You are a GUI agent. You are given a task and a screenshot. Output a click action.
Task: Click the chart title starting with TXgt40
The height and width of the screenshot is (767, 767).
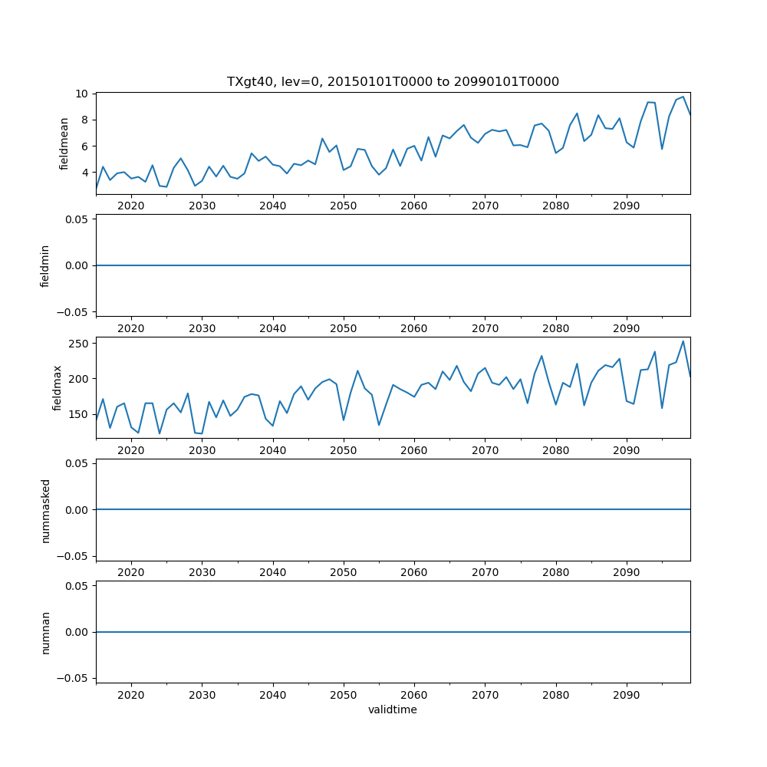393,81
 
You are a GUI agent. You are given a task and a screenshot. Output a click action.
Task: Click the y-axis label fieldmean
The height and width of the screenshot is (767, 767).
64,143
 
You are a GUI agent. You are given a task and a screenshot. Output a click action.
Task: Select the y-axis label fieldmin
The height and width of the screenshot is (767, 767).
45,265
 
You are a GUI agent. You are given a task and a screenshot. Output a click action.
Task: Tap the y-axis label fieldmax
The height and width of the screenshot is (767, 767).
58,387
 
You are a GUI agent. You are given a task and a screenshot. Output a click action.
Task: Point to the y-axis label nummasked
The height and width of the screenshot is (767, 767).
45,509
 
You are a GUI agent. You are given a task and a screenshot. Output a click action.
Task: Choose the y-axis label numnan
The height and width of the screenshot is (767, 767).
45,632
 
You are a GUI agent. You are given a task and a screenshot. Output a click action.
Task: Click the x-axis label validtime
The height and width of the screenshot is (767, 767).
393,709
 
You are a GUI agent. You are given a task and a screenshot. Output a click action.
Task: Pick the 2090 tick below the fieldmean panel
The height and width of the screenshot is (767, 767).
627,206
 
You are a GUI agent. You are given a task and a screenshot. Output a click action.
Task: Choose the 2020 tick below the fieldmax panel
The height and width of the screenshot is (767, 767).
131,450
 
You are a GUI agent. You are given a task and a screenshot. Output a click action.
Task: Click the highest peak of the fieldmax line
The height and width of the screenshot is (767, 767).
683,341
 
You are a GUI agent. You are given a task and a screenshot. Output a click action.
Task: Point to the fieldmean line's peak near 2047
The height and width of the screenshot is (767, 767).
322,139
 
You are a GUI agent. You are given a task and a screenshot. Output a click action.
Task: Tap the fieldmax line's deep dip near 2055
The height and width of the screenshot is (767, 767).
379,426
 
